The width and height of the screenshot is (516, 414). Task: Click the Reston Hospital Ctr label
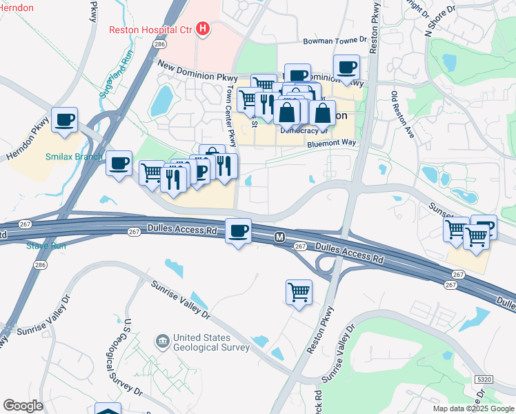150,29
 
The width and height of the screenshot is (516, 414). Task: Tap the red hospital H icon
203,28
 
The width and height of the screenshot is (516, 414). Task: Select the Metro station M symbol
279,237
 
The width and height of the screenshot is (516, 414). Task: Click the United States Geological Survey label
211,342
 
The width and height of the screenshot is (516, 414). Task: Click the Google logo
23,406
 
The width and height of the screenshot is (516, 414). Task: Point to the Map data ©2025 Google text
473,408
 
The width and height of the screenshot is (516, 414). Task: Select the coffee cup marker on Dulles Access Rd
239,231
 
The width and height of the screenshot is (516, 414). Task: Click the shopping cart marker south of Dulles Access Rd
299,292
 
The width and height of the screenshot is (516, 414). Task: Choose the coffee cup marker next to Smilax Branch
119,164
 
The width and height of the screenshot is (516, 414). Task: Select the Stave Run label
46,245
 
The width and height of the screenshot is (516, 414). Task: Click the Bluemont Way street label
331,142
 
